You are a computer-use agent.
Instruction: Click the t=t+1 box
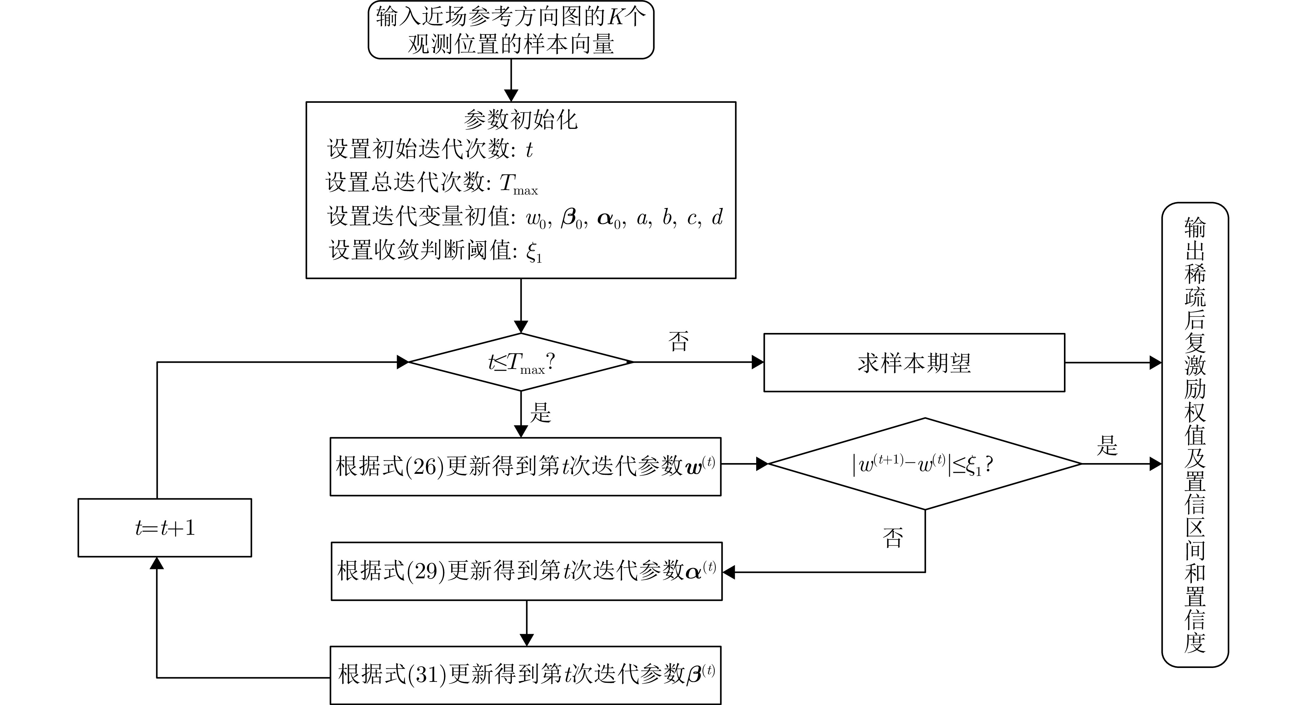pos(164,528)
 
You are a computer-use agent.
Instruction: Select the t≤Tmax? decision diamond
pos(521,362)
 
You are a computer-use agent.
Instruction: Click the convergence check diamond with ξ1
pos(925,464)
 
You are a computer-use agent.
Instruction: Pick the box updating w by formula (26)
pos(525,466)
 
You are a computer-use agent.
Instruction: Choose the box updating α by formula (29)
pos(526,571)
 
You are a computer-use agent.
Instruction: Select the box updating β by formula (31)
pos(525,675)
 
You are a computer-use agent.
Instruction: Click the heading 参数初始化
pos(521,120)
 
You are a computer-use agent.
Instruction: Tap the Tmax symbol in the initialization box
pos(518,184)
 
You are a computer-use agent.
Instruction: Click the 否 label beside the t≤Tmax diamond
pos(678,341)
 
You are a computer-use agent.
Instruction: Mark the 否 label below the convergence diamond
pos(893,537)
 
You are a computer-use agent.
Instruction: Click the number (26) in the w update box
pos(425,466)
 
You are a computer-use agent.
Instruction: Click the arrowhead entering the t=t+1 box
pos(157,563)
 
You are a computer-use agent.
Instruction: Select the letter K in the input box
pos(616,17)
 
